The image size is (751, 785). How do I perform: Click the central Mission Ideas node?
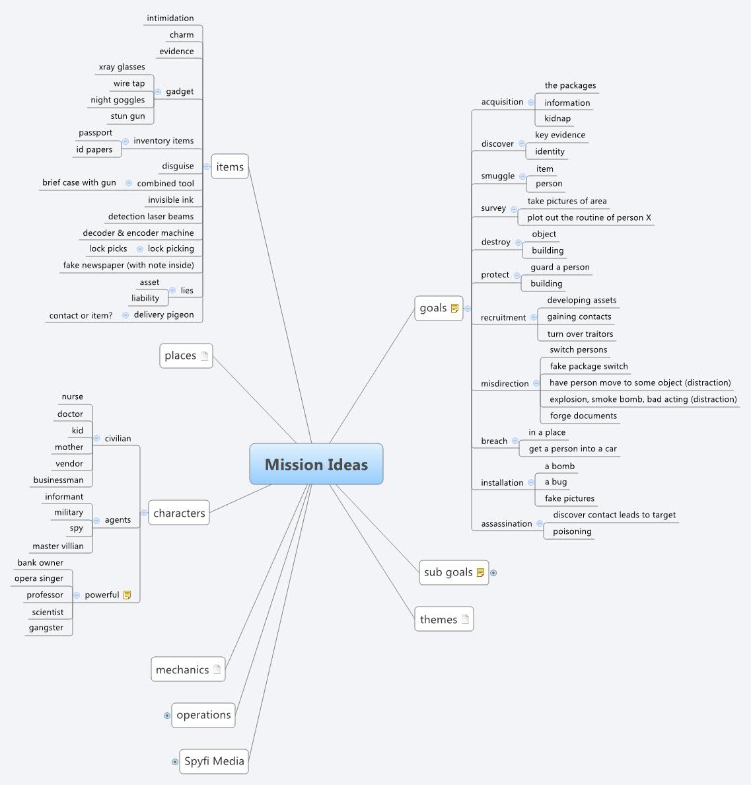[316, 465]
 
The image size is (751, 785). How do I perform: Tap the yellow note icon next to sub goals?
[480, 572]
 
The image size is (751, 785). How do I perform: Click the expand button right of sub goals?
[493, 573]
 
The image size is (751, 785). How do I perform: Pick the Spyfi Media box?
[214, 761]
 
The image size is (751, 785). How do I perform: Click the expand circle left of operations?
[167, 716]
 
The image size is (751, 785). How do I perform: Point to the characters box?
[179, 513]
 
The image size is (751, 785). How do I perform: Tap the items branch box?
[230, 167]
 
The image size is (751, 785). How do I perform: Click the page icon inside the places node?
[205, 355]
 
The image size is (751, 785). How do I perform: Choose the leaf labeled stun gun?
[127, 116]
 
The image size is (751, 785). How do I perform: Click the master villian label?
[58, 546]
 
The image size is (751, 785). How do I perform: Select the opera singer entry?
[39, 579]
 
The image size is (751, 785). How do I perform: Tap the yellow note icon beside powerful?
[127, 595]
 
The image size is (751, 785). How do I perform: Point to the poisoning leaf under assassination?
[572, 532]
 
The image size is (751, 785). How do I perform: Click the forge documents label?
[583, 416]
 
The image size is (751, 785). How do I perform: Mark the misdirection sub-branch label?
[505, 384]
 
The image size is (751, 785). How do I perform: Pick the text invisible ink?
[170, 200]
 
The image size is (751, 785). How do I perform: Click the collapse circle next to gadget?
[158, 92]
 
